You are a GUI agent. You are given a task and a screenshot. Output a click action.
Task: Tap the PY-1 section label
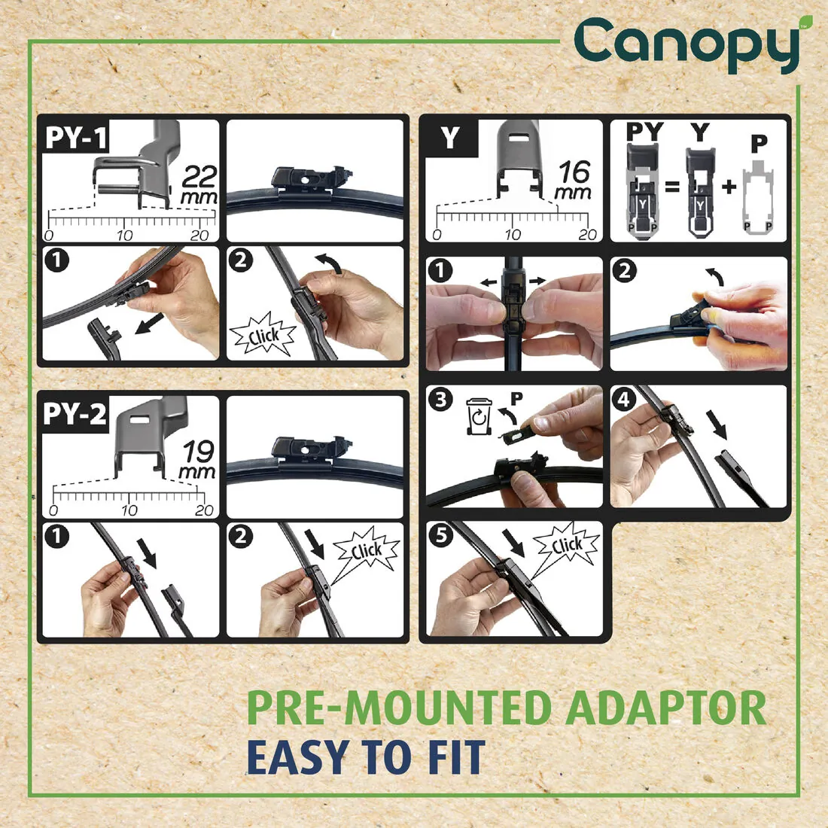[76, 138]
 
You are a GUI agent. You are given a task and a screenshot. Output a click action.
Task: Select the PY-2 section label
[75, 414]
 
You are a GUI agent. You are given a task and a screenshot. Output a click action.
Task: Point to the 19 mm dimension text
[199, 461]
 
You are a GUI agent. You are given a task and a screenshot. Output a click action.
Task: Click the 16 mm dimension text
[574, 181]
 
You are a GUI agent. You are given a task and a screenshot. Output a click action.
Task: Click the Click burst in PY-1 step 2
[263, 336]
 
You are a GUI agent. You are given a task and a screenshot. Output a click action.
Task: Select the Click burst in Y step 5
[567, 545]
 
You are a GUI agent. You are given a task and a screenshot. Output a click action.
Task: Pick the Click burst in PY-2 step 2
[367, 552]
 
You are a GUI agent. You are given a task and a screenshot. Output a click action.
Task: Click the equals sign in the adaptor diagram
[672, 185]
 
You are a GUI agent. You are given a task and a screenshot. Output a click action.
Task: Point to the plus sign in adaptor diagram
[728, 185]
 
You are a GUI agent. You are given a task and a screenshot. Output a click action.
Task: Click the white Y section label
[449, 138]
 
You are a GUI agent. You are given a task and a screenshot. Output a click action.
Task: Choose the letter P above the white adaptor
[759, 142]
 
